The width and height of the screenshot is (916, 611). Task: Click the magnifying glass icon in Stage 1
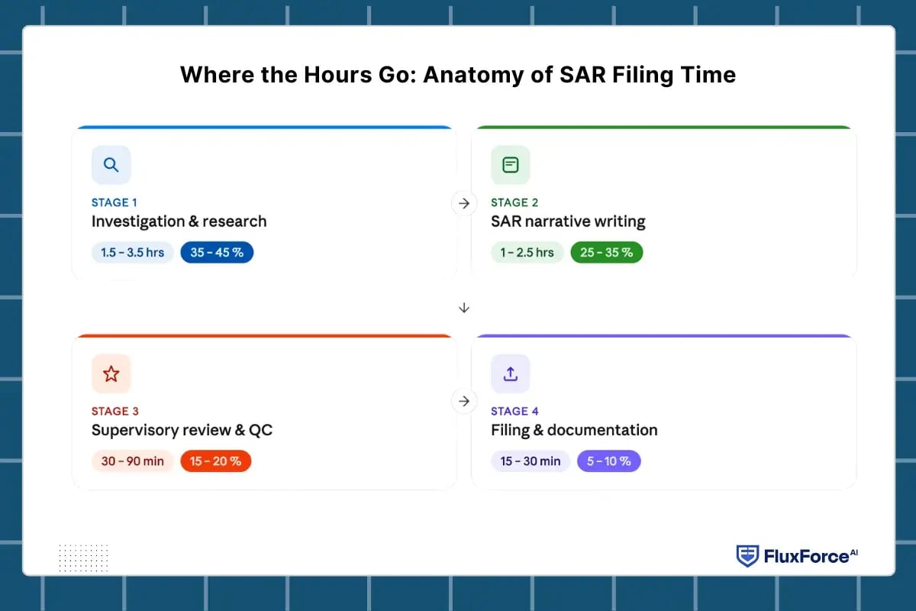click(x=111, y=165)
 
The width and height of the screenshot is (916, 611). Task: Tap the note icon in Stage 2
click(x=511, y=165)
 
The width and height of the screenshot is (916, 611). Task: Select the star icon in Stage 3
click(x=111, y=373)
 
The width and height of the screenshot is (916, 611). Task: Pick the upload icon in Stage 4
click(x=511, y=373)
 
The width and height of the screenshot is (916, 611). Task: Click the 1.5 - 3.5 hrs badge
click(x=133, y=252)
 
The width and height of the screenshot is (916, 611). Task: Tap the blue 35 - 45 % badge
click(x=217, y=252)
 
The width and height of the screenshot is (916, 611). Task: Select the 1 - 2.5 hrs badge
click(x=527, y=252)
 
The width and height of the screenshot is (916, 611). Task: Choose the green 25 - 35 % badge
click(x=607, y=252)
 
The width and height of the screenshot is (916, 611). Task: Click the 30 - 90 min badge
click(x=133, y=461)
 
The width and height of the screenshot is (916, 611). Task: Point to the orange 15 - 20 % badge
click(x=215, y=461)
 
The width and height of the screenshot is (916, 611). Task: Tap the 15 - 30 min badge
click(x=531, y=461)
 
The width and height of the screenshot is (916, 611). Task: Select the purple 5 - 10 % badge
click(x=609, y=461)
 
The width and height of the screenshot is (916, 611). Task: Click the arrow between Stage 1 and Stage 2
click(x=464, y=203)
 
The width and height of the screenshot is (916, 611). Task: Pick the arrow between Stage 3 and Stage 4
click(x=464, y=401)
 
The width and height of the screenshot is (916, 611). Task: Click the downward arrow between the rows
click(x=464, y=308)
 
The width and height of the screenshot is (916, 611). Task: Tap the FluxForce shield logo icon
click(x=747, y=556)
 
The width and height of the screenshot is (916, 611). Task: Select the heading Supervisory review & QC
click(x=182, y=430)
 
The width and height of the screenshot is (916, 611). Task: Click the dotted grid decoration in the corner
click(x=83, y=557)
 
